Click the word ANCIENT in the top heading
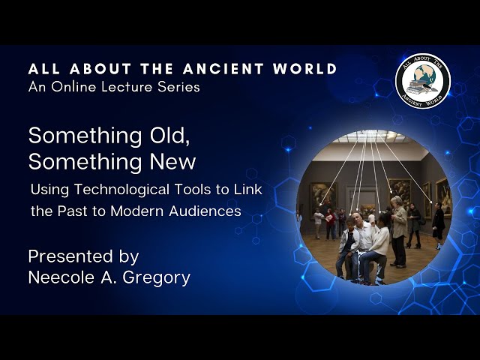pos(223,69)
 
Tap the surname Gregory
pos(157,278)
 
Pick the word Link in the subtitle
pos(248,189)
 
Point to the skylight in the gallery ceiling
pos(371,136)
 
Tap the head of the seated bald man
pos(357,218)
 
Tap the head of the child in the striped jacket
pos(351,223)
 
